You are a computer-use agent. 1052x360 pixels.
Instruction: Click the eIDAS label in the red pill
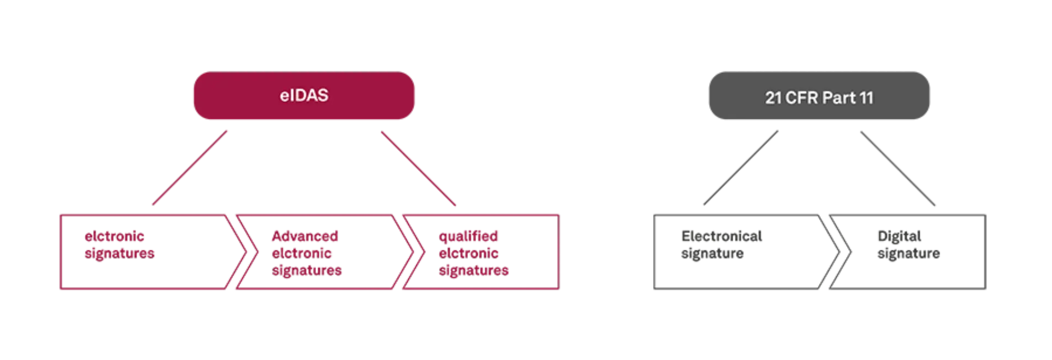[x=304, y=95]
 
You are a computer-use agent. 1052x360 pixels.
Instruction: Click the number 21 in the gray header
[x=773, y=98]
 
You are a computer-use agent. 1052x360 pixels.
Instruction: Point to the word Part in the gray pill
[x=839, y=98]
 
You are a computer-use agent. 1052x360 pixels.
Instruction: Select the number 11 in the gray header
[x=866, y=98]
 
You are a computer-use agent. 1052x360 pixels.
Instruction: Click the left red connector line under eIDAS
[x=191, y=167]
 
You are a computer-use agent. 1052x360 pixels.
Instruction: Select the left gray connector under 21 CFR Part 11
[x=740, y=167]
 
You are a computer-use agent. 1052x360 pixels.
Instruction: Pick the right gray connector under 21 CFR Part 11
[x=899, y=168]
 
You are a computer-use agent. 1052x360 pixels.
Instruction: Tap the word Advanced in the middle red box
[x=305, y=237]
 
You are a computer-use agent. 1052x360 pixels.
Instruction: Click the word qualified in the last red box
[x=468, y=237]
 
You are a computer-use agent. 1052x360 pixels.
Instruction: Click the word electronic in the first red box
[x=115, y=237]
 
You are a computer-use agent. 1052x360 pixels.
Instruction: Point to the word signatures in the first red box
[x=120, y=254]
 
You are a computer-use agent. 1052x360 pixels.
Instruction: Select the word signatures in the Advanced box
[x=307, y=270]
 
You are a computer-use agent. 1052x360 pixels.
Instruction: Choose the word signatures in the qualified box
[x=474, y=270]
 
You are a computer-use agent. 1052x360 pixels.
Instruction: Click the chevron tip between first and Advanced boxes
[x=255, y=252]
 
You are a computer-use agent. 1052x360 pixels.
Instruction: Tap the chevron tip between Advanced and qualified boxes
[x=422, y=252]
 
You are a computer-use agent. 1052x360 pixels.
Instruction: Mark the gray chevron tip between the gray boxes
[x=851, y=252]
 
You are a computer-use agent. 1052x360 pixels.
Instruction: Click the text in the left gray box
[x=720, y=244]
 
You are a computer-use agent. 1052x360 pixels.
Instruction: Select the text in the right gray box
[x=908, y=244]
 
